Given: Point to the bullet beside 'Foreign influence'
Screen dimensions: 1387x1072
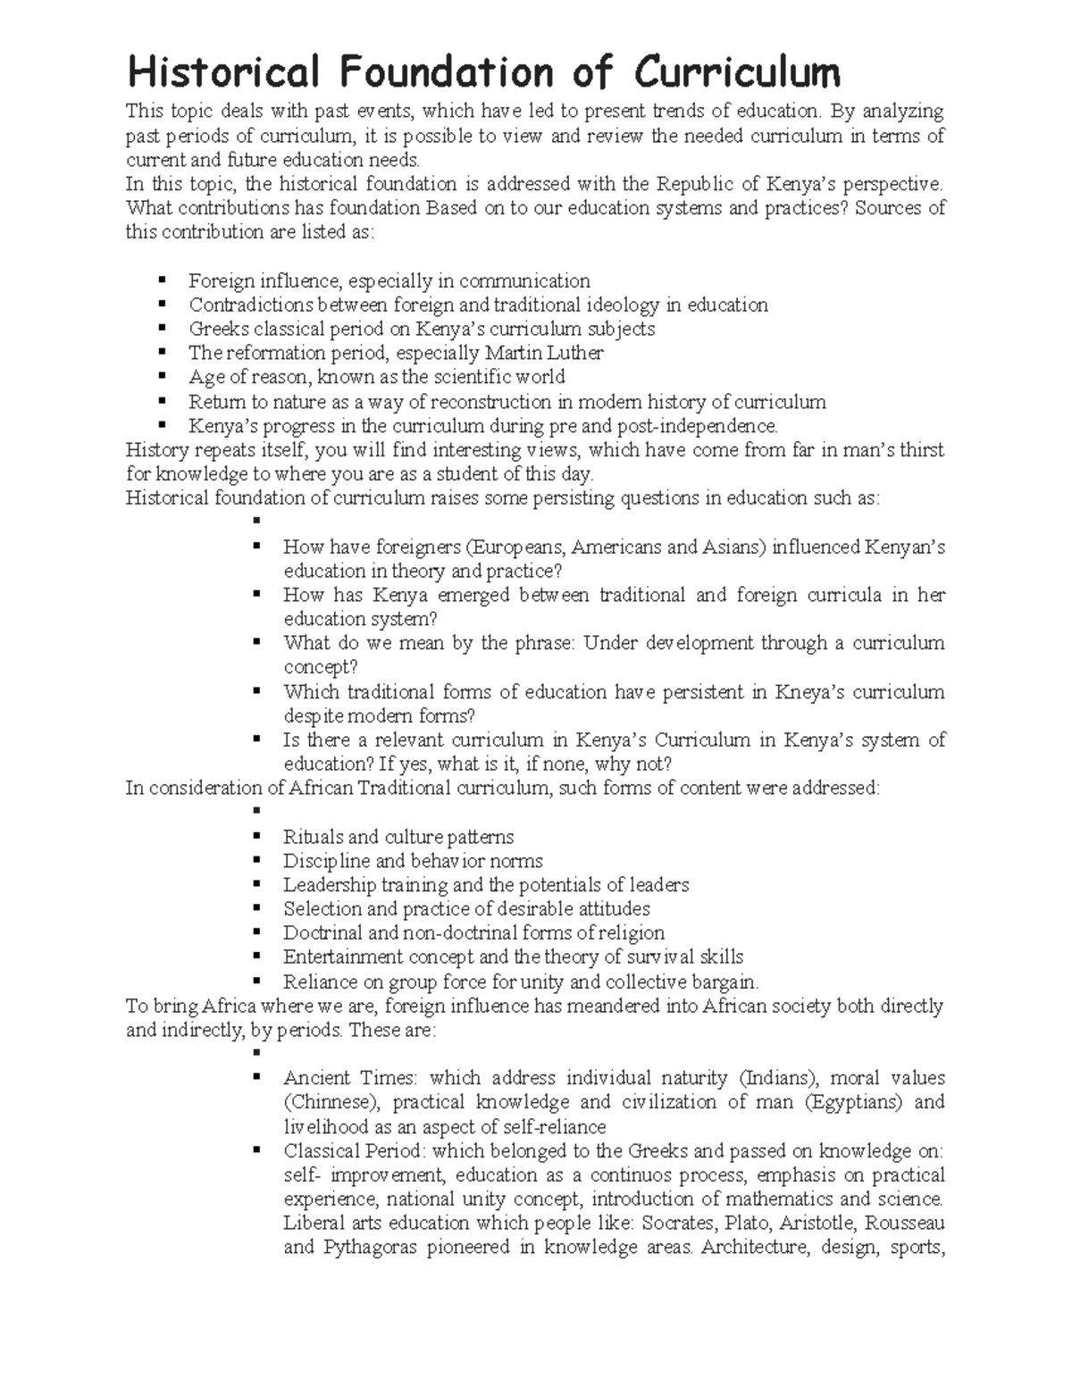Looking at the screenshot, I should point(162,280).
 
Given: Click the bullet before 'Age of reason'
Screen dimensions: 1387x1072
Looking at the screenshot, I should point(162,377).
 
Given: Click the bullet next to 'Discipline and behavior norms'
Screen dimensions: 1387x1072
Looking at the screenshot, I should point(256,861).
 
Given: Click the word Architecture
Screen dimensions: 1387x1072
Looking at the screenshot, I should point(749,1247).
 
